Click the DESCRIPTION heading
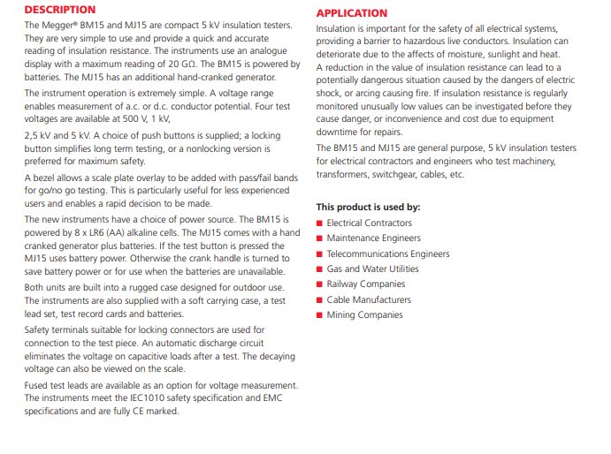(x=60, y=10)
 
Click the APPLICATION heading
(x=352, y=13)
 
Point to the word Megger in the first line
(x=62, y=25)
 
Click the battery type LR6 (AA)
(x=121, y=232)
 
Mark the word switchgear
(x=397, y=175)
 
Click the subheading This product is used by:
(x=368, y=207)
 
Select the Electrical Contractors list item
(x=369, y=223)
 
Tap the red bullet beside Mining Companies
(x=319, y=315)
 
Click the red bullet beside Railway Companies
(x=319, y=284)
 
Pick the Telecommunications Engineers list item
(x=387, y=253)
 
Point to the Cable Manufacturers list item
(x=369, y=299)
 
